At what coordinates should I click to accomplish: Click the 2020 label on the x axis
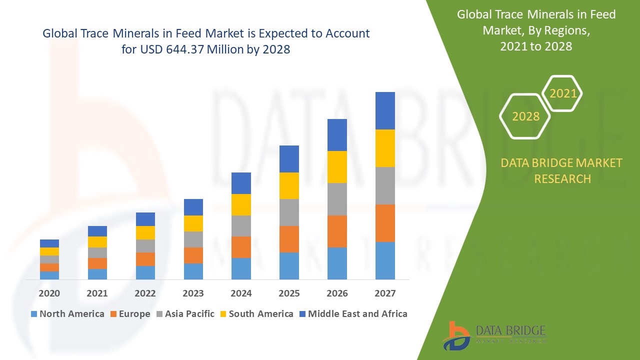click(x=49, y=293)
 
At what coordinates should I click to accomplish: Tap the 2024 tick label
click(x=241, y=293)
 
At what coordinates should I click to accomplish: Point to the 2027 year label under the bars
click(x=385, y=293)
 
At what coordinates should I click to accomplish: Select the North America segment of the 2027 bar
click(x=385, y=260)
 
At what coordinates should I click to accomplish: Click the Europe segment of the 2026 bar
click(x=337, y=231)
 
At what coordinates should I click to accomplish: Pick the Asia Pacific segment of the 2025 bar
click(x=289, y=212)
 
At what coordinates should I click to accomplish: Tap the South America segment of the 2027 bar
click(x=385, y=148)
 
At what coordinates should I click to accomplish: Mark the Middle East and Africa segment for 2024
click(x=241, y=183)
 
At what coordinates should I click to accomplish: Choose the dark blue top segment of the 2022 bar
click(x=145, y=219)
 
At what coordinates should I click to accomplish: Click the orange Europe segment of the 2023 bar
click(x=193, y=255)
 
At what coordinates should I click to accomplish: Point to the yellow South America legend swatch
click(x=222, y=314)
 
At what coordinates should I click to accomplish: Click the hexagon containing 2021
click(x=562, y=93)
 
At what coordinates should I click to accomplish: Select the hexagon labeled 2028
click(x=525, y=116)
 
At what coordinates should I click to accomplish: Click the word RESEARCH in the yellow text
click(x=562, y=178)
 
